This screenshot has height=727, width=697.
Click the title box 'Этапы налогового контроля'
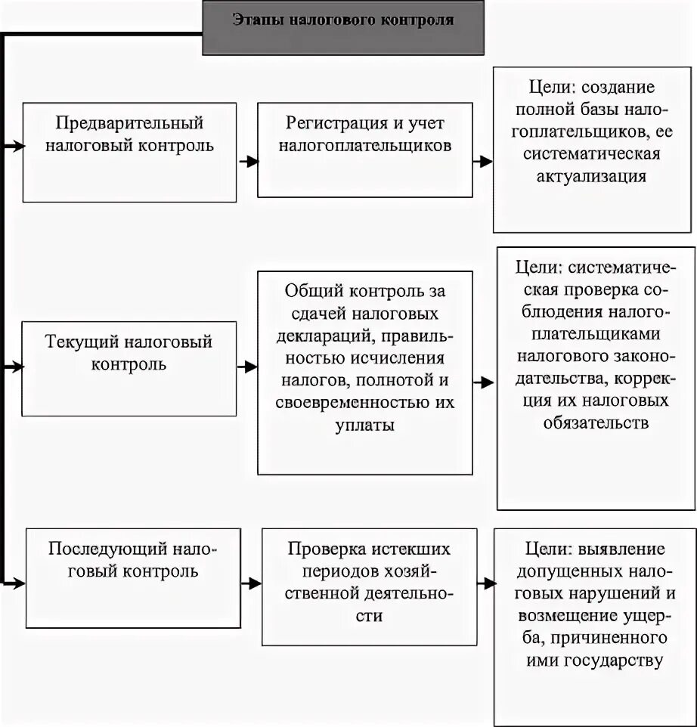pyautogui.click(x=343, y=28)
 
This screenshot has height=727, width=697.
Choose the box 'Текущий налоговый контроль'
pyautogui.click(x=129, y=368)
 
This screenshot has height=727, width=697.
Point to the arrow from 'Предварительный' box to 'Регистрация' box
pyautogui.click(x=247, y=161)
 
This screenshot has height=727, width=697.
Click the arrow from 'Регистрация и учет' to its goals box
pyautogui.click(x=482, y=160)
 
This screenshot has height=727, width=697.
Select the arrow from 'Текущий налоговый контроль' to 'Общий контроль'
pyautogui.click(x=247, y=367)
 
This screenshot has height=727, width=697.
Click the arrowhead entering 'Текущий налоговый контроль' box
pyautogui.click(x=15, y=367)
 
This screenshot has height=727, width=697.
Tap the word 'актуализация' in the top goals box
pyautogui.click(x=596, y=177)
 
